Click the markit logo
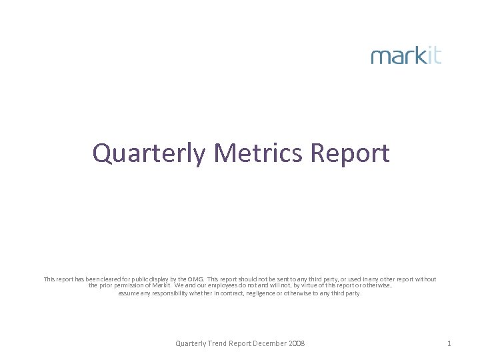pyautogui.click(x=406, y=55)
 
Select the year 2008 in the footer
pyautogui.click(x=297, y=343)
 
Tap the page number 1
pyautogui.click(x=449, y=343)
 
